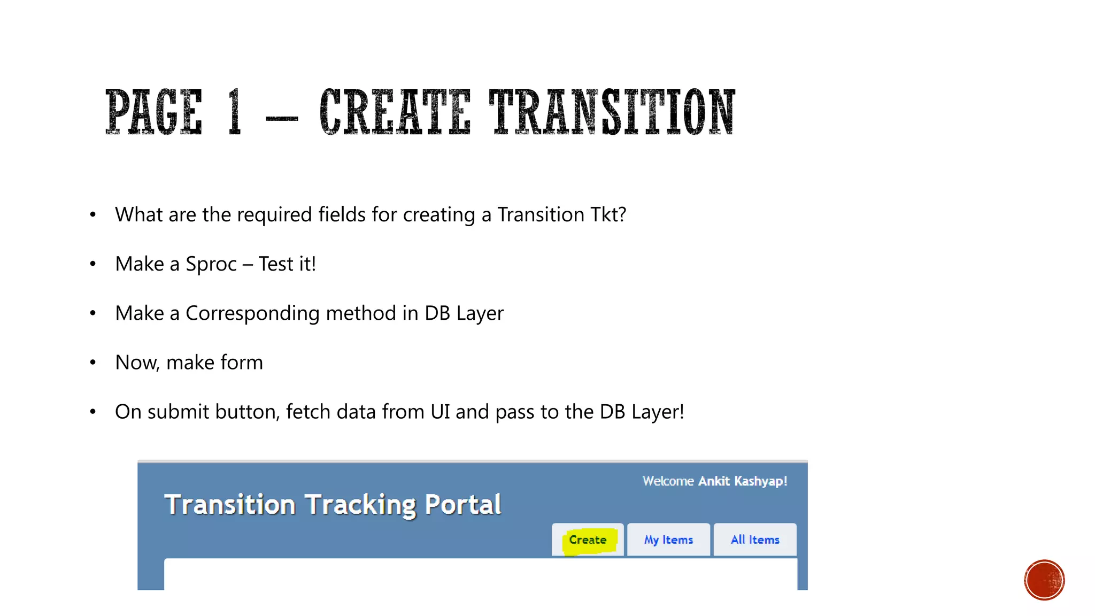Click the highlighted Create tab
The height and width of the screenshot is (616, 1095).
click(x=588, y=540)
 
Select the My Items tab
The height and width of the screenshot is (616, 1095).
click(x=668, y=540)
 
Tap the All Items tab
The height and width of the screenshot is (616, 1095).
click(x=755, y=540)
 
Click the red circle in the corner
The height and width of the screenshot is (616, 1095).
click(x=1044, y=580)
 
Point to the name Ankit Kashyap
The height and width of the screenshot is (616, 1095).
click(x=743, y=481)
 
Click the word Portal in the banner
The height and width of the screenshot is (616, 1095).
click(x=463, y=504)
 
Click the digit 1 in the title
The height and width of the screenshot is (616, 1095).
click(x=234, y=112)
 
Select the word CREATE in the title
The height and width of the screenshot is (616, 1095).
click(x=395, y=112)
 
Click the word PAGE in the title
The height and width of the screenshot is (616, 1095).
click(x=154, y=112)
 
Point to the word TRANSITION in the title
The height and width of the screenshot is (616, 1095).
click(x=612, y=112)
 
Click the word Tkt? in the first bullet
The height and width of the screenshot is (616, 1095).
click(x=608, y=215)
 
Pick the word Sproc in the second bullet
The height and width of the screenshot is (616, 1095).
click(x=211, y=264)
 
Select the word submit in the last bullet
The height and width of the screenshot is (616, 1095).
click(x=178, y=412)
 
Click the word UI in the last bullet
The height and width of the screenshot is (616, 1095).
click(x=440, y=412)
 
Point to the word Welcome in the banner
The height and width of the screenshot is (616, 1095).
click(x=668, y=481)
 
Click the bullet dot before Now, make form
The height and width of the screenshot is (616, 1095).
click(x=93, y=363)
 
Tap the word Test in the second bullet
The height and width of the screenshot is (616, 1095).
click(x=276, y=264)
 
